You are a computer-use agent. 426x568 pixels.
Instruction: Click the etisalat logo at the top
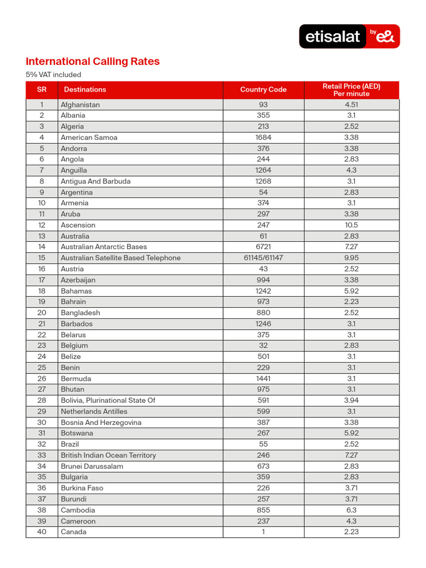pyautogui.click(x=349, y=36)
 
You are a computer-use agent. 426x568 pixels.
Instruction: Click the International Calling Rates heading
pyautogui.click(x=93, y=62)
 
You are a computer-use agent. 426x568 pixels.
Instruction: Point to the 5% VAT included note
pyautogui.click(x=53, y=75)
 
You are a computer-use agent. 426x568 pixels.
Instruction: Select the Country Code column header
pyautogui.click(x=263, y=90)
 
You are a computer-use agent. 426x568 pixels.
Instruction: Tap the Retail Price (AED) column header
pyautogui.click(x=351, y=90)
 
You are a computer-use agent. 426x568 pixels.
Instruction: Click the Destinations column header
pyautogui.click(x=85, y=90)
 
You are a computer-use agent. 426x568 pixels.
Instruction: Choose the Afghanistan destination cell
pyautogui.click(x=80, y=105)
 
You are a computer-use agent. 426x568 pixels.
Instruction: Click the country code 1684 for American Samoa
pyautogui.click(x=263, y=138)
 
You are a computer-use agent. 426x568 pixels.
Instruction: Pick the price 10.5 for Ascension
pyautogui.click(x=351, y=225)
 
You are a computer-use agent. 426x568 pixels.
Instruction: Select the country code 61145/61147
pyautogui.click(x=263, y=258)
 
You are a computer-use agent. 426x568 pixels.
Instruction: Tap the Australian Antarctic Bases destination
pyautogui.click(x=104, y=247)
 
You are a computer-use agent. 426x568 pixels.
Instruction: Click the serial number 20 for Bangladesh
pyautogui.click(x=42, y=313)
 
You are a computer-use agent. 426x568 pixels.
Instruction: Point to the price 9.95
pyautogui.click(x=351, y=258)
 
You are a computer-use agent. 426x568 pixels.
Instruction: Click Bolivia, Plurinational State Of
pyautogui.click(x=108, y=400)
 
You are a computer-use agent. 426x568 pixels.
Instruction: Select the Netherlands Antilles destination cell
pyautogui.click(x=94, y=412)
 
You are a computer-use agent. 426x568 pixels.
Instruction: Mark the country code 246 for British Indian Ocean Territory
pyautogui.click(x=263, y=455)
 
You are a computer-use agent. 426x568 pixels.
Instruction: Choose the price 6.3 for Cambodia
pyautogui.click(x=351, y=510)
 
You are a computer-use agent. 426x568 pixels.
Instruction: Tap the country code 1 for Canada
pyautogui.click(x=263, y=532)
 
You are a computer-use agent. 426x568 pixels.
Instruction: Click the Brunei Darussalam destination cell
pyautogui.click(x=92, y=466)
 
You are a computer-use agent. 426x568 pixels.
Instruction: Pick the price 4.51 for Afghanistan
pyautogui.click(x=351, y=105)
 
